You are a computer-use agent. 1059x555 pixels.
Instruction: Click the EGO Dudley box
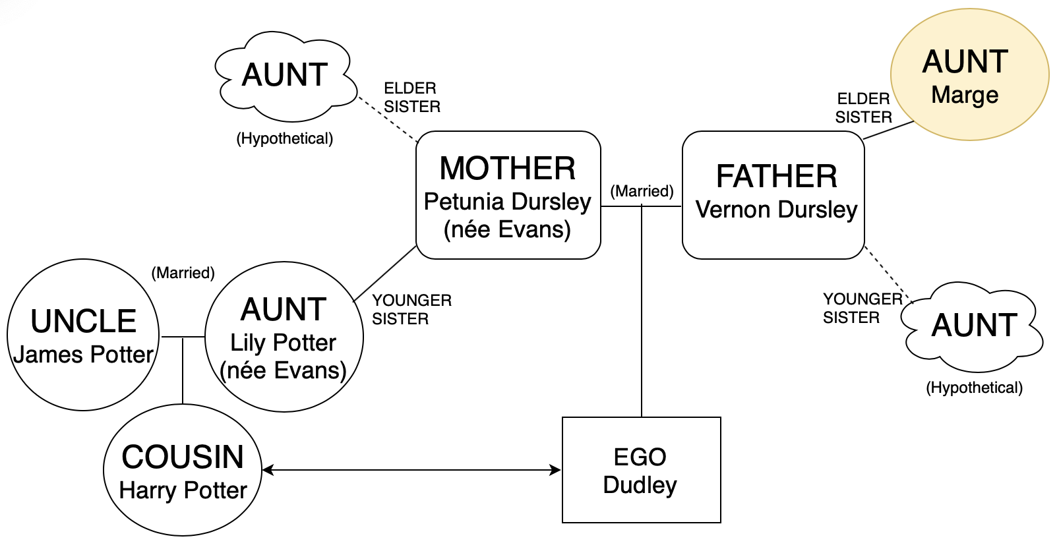tap(642, 470)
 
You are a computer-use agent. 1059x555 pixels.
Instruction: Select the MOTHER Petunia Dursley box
tap(508, 195)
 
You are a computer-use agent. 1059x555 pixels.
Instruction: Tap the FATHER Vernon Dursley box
tap(773, 195)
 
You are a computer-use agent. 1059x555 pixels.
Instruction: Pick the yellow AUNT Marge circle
tap(969, 74)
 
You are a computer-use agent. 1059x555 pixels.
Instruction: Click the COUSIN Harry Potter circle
tap(183, 470)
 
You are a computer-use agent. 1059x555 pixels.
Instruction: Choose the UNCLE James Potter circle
tap(83, 335)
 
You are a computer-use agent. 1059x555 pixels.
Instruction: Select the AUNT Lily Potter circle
tap(284, 337)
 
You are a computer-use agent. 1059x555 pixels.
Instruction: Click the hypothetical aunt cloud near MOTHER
tap(286, 76)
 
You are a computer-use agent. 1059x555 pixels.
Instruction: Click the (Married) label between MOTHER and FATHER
tap(642, 191)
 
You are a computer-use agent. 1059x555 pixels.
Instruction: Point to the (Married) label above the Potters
tap(183, 273)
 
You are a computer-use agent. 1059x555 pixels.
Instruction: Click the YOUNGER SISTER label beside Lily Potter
tap(411, 310)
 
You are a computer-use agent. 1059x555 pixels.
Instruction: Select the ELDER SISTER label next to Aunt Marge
tap(863, 108)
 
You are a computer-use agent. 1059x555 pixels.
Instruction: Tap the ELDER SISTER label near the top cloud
tap(411, 98)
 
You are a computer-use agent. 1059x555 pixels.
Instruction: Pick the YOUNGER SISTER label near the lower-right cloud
tap(862, 308)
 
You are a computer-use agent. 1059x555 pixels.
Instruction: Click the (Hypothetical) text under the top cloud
tap(285, 138)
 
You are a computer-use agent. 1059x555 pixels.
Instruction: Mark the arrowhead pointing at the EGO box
tap(555, 470)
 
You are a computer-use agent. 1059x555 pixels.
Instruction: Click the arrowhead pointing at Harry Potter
tap(268, 470)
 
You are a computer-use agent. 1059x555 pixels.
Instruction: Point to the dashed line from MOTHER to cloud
tap(388, 119)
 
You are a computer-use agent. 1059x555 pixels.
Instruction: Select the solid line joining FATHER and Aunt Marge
tap(889, 130)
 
